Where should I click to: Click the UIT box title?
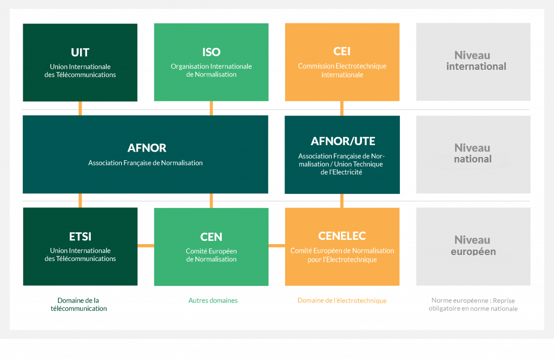click(80, 53)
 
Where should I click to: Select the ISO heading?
click(212, 53)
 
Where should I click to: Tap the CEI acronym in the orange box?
click(342, 51)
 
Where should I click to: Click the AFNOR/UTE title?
click(342, 141)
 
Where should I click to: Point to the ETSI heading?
click(80, 237)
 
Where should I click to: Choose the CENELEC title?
click(342, 236)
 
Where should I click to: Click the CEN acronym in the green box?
click(212, 237)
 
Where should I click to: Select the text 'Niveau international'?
click(476, 61)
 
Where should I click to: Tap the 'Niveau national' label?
click(473, 154)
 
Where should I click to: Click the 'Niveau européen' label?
click(473, 246)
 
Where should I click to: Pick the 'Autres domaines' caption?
click(213, 300)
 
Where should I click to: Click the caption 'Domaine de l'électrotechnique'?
click(342, 300)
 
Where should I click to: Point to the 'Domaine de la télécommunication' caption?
click(78, 304)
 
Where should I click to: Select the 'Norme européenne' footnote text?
click(473, 304)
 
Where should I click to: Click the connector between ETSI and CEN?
click(146, 245)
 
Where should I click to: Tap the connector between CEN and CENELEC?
click(276, 245)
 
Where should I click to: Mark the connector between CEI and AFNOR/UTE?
click(342, 108)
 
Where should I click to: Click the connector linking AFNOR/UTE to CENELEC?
click(342, 201)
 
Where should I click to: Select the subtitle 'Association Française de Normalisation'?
click(146, 163)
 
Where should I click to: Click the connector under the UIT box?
click(80, 108)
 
